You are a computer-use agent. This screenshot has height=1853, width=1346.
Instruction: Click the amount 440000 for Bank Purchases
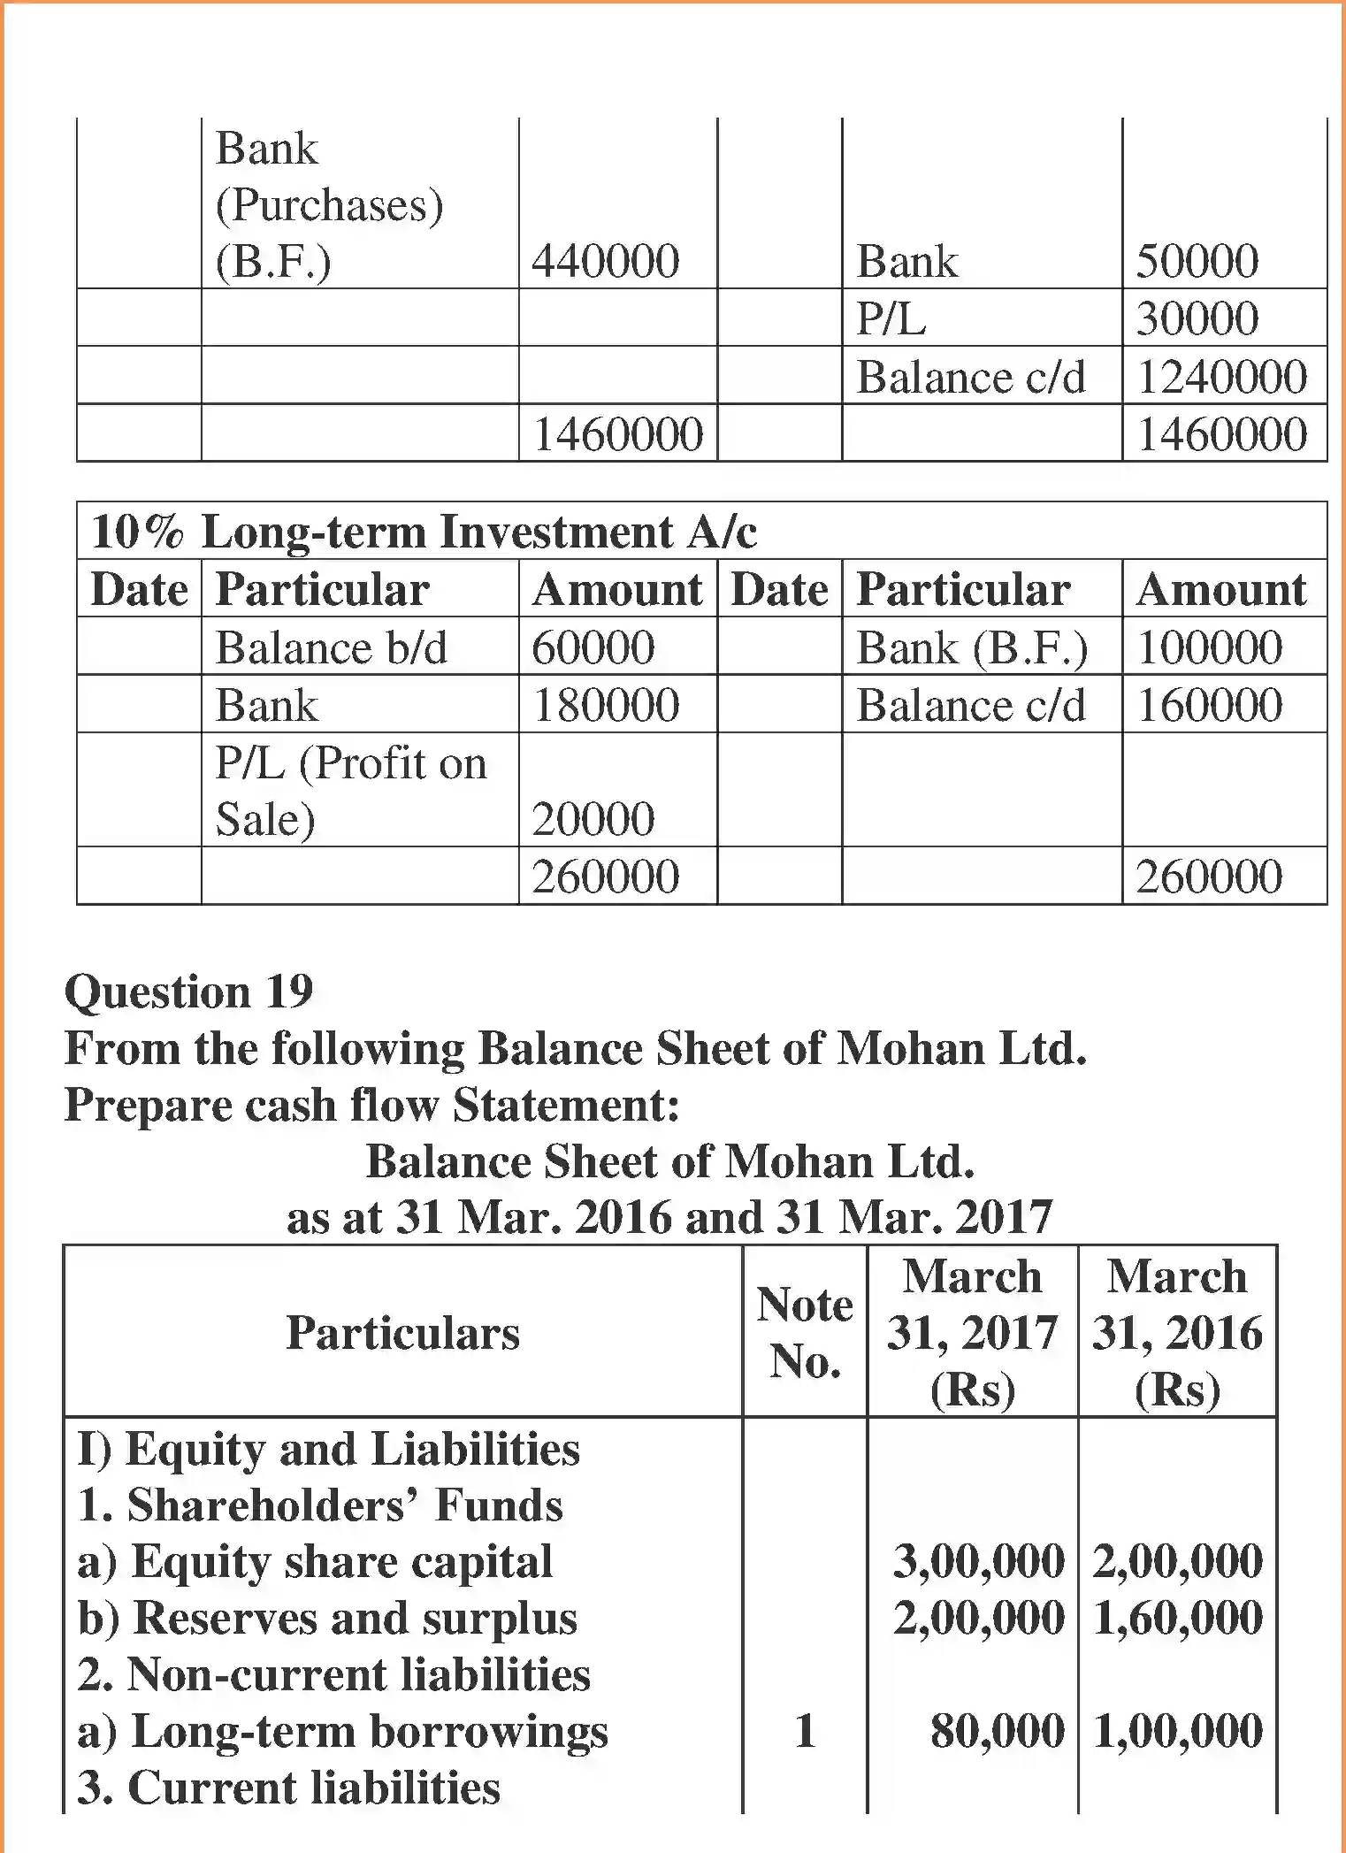pos(605,261)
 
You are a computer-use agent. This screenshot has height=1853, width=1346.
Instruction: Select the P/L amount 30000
pos(1197,318)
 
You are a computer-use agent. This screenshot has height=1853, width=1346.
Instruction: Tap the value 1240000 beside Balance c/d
pos(1221,377)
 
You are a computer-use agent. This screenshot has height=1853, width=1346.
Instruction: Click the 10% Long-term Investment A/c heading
pos(424,532)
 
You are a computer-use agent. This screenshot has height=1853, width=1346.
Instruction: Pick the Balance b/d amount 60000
pos(593,647)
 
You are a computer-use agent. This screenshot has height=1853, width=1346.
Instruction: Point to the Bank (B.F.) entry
pos(972,647)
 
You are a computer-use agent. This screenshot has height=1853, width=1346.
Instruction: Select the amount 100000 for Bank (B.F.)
pos(1209,647)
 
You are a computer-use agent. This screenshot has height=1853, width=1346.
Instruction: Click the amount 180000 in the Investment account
pos(605,705)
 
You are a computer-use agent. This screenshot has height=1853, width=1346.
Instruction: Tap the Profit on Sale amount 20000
pos(593,818)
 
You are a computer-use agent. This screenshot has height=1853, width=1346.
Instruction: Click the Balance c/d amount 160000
pos(1209,705)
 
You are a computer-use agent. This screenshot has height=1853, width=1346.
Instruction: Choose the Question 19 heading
pos(188,992)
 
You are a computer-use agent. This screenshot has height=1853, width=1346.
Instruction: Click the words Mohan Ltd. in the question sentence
pos(961,1049)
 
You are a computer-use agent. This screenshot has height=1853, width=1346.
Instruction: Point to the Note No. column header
pos(805,1332)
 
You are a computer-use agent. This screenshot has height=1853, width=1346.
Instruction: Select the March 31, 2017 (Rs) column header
pos(972,1332)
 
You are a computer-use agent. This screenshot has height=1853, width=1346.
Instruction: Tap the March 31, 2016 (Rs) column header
pos(1177,1332)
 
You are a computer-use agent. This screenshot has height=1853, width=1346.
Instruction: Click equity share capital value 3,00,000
pos(978,1561)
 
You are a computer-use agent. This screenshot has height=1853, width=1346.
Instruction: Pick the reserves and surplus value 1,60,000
pos(1177,1618)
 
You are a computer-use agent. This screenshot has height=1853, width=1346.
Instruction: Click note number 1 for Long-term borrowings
pos(805,1731)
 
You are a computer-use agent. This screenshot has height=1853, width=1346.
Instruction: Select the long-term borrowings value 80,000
pos(997,1731)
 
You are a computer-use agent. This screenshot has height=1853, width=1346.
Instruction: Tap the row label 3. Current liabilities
pos(288,1788)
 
